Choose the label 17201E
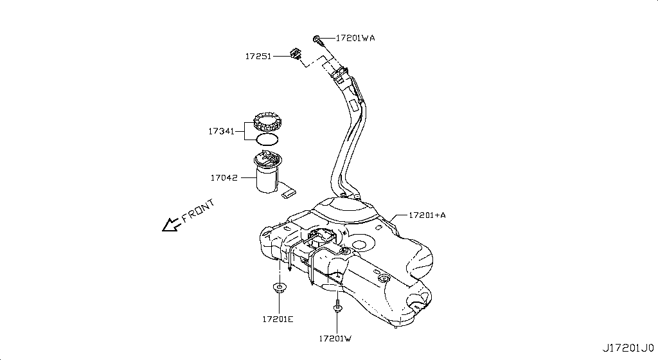click(x=278, y=319)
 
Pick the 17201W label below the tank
click(x=335, y=337)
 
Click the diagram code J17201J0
click(x=628, y=347)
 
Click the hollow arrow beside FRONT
click(x=170, y=224)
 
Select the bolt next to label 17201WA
click(x=318, y=39)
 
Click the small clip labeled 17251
click(x=296, y=54)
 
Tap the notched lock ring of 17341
click(x=269, y=122)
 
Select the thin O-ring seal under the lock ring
click(x=267, y=139)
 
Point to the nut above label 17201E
click(x=280, y=287)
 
